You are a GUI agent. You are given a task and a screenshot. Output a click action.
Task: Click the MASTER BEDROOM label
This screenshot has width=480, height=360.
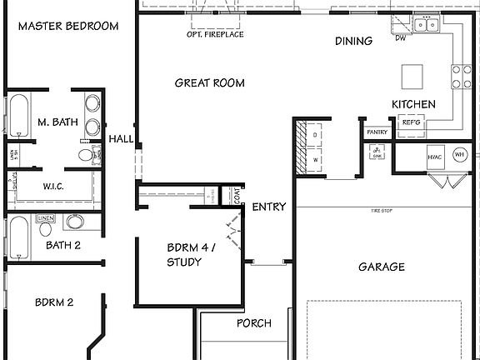[68, 26]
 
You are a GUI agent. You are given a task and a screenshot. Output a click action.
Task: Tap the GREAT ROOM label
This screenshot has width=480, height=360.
[209, 82]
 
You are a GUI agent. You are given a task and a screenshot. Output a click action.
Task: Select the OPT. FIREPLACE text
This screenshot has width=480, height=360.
[215, 36]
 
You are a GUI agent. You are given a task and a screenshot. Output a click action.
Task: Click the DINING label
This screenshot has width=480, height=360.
[353, 41]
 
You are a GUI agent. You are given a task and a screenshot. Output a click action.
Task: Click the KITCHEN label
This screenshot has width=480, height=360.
[414, 104]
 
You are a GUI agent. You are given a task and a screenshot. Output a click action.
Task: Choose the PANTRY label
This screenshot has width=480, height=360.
[377, 132]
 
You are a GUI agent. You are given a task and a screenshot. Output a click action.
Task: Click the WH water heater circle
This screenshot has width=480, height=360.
[459, 155]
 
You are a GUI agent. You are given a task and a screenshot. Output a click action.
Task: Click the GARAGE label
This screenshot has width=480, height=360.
[382, 267]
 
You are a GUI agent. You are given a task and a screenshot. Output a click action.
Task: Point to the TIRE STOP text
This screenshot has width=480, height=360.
[382, 212]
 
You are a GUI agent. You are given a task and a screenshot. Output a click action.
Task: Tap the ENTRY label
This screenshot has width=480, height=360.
[269, 207]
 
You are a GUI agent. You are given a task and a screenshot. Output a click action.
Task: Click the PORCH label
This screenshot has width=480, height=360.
[253, 323]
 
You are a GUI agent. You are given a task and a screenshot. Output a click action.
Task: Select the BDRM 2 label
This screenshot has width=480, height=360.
[54, 302]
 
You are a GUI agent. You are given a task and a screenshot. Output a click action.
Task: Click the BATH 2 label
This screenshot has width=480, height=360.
[63, 245]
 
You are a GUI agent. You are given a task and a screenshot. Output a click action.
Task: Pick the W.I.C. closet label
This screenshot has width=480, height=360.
[54, 187]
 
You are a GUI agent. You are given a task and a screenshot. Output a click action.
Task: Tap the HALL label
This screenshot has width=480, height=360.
[121, 139]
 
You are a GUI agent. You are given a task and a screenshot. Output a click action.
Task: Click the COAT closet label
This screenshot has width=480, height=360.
[237, 197]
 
